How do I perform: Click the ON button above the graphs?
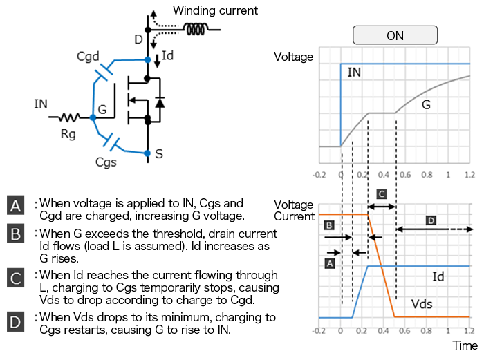(395, 35)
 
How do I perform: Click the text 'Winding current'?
(215, 10)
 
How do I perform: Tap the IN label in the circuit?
(41, 104)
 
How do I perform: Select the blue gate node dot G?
(93, 118)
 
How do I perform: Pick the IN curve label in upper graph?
(354, 72)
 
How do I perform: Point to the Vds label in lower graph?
(422, 304)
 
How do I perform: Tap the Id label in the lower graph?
(438, 276)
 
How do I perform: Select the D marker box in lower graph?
(431, 220)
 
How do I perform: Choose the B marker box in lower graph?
(330, 225)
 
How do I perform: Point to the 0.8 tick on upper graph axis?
(427, 173)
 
